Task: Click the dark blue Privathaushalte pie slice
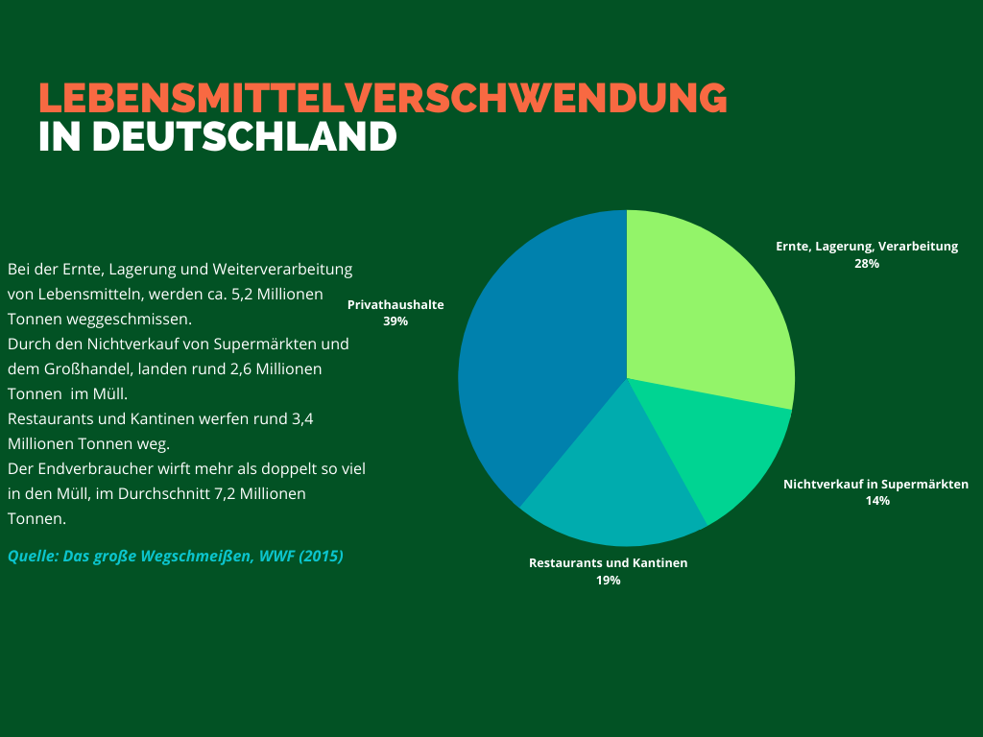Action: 538,355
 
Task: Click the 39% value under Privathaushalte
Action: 396,321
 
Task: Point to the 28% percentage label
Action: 867,263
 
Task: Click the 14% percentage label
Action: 876,501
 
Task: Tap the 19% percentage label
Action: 608,581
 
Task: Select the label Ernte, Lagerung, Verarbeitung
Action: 867,247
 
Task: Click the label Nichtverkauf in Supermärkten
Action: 875,485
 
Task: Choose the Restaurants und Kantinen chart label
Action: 608,563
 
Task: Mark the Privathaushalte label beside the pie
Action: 396,304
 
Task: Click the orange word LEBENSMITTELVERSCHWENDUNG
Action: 382,98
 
